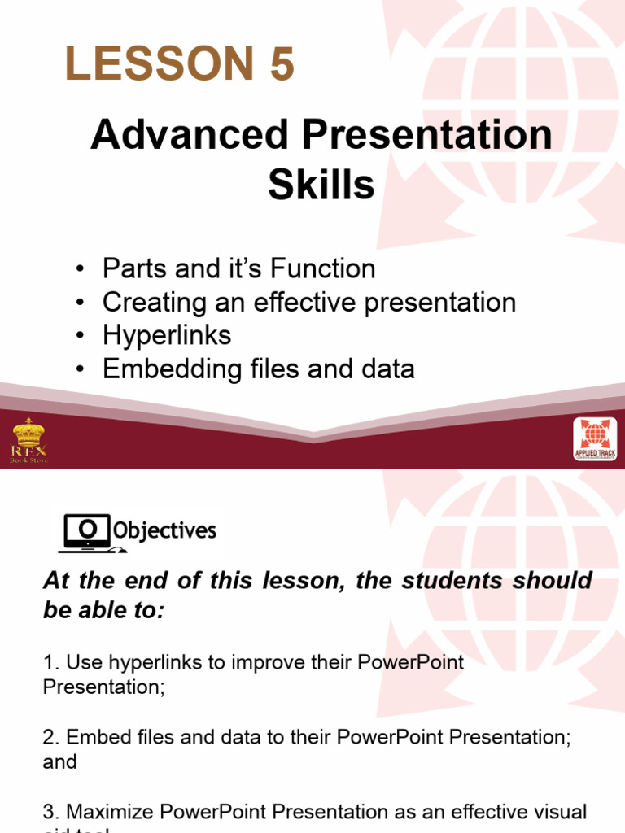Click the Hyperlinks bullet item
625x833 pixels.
(167, 335)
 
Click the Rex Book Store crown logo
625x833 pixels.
(28, 439)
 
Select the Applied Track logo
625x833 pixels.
(595, 439)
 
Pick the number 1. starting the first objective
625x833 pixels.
(50, 662)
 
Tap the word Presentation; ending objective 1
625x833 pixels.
(103, 687)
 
